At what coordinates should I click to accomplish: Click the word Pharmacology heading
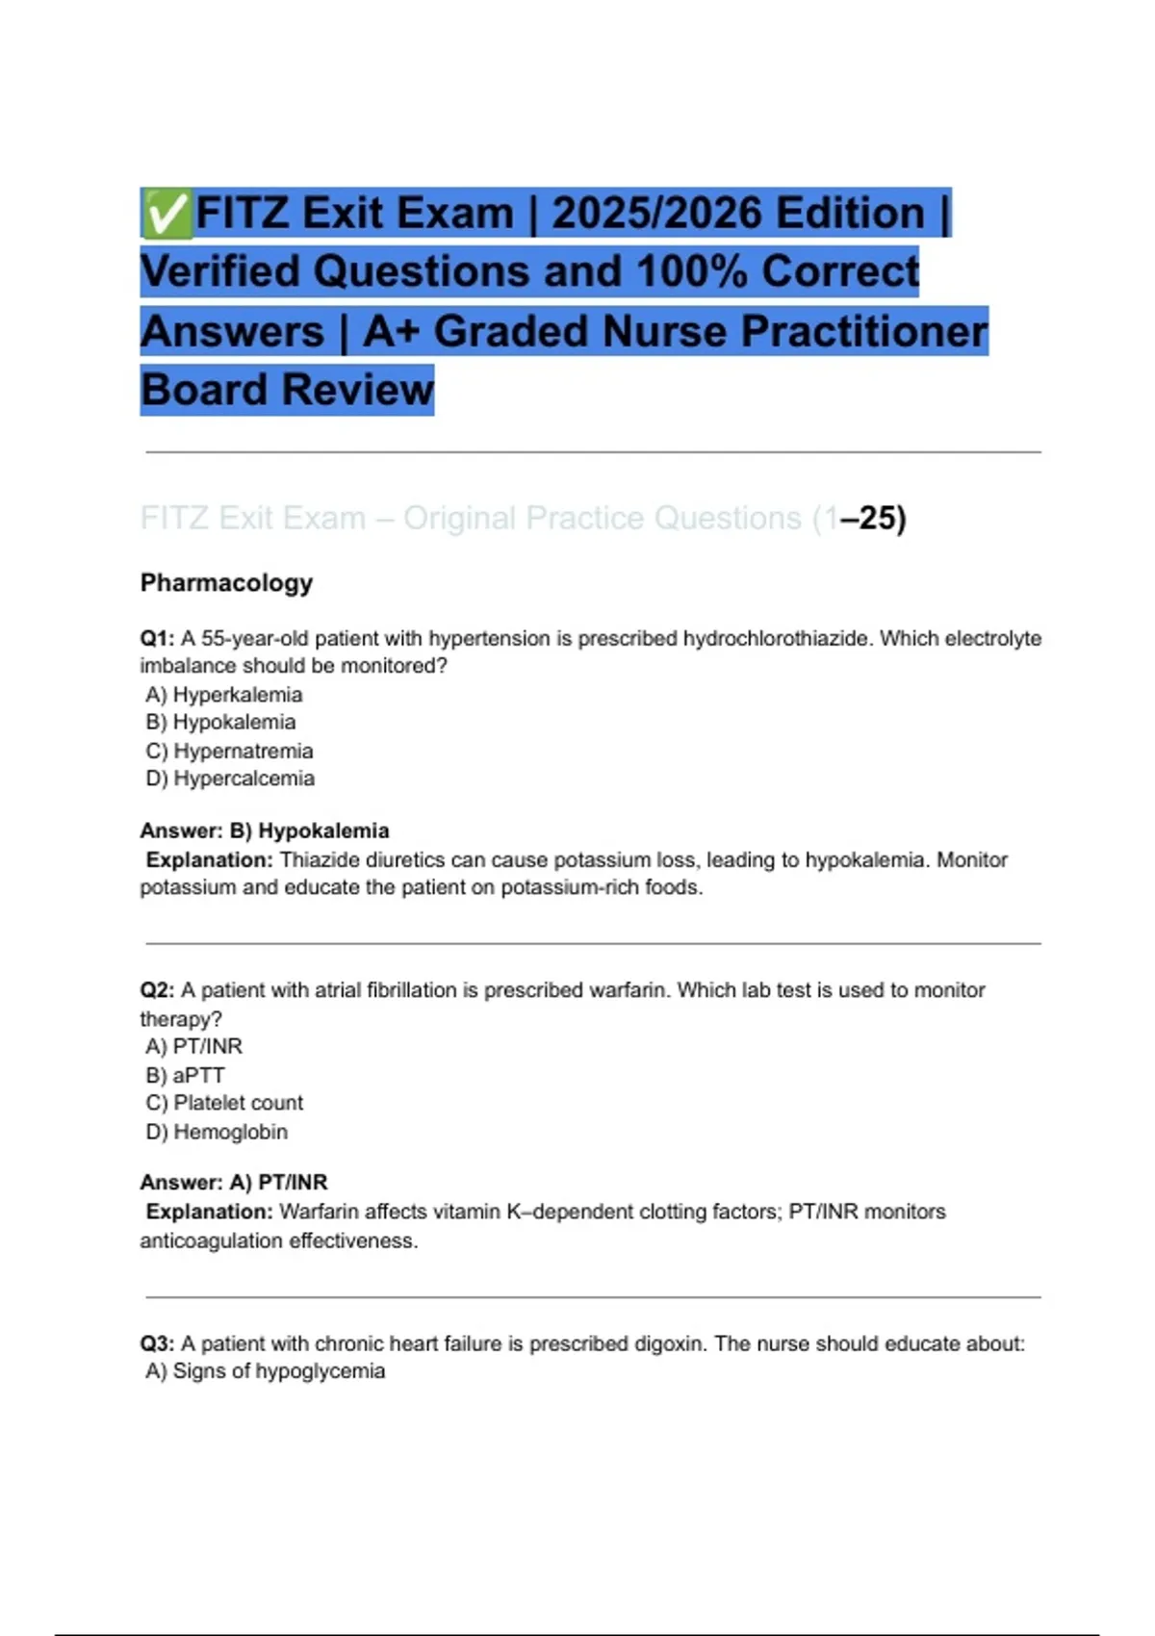click(226, 583)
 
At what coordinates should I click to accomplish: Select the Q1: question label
click(157, 638)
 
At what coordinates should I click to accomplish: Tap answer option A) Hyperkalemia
click(223, 695)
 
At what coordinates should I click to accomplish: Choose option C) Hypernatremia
click(229, 751)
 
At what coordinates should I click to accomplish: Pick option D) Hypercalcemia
click(230, 779)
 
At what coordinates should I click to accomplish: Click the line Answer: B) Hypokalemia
click(265, 831)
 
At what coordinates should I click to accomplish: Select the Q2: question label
click(157, 990)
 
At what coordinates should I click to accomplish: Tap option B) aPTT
click(185, 1075)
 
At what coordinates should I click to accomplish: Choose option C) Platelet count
click(224, 1103)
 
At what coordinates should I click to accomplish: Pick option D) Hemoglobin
click(217, 1132)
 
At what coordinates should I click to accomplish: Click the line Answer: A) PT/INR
click(234, 1182)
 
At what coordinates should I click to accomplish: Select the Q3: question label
click(157, 1343)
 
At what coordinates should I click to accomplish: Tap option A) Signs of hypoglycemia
click(265, 1371)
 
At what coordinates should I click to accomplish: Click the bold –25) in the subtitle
click(873, 519)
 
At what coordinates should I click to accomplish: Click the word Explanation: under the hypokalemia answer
click(210, 859)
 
